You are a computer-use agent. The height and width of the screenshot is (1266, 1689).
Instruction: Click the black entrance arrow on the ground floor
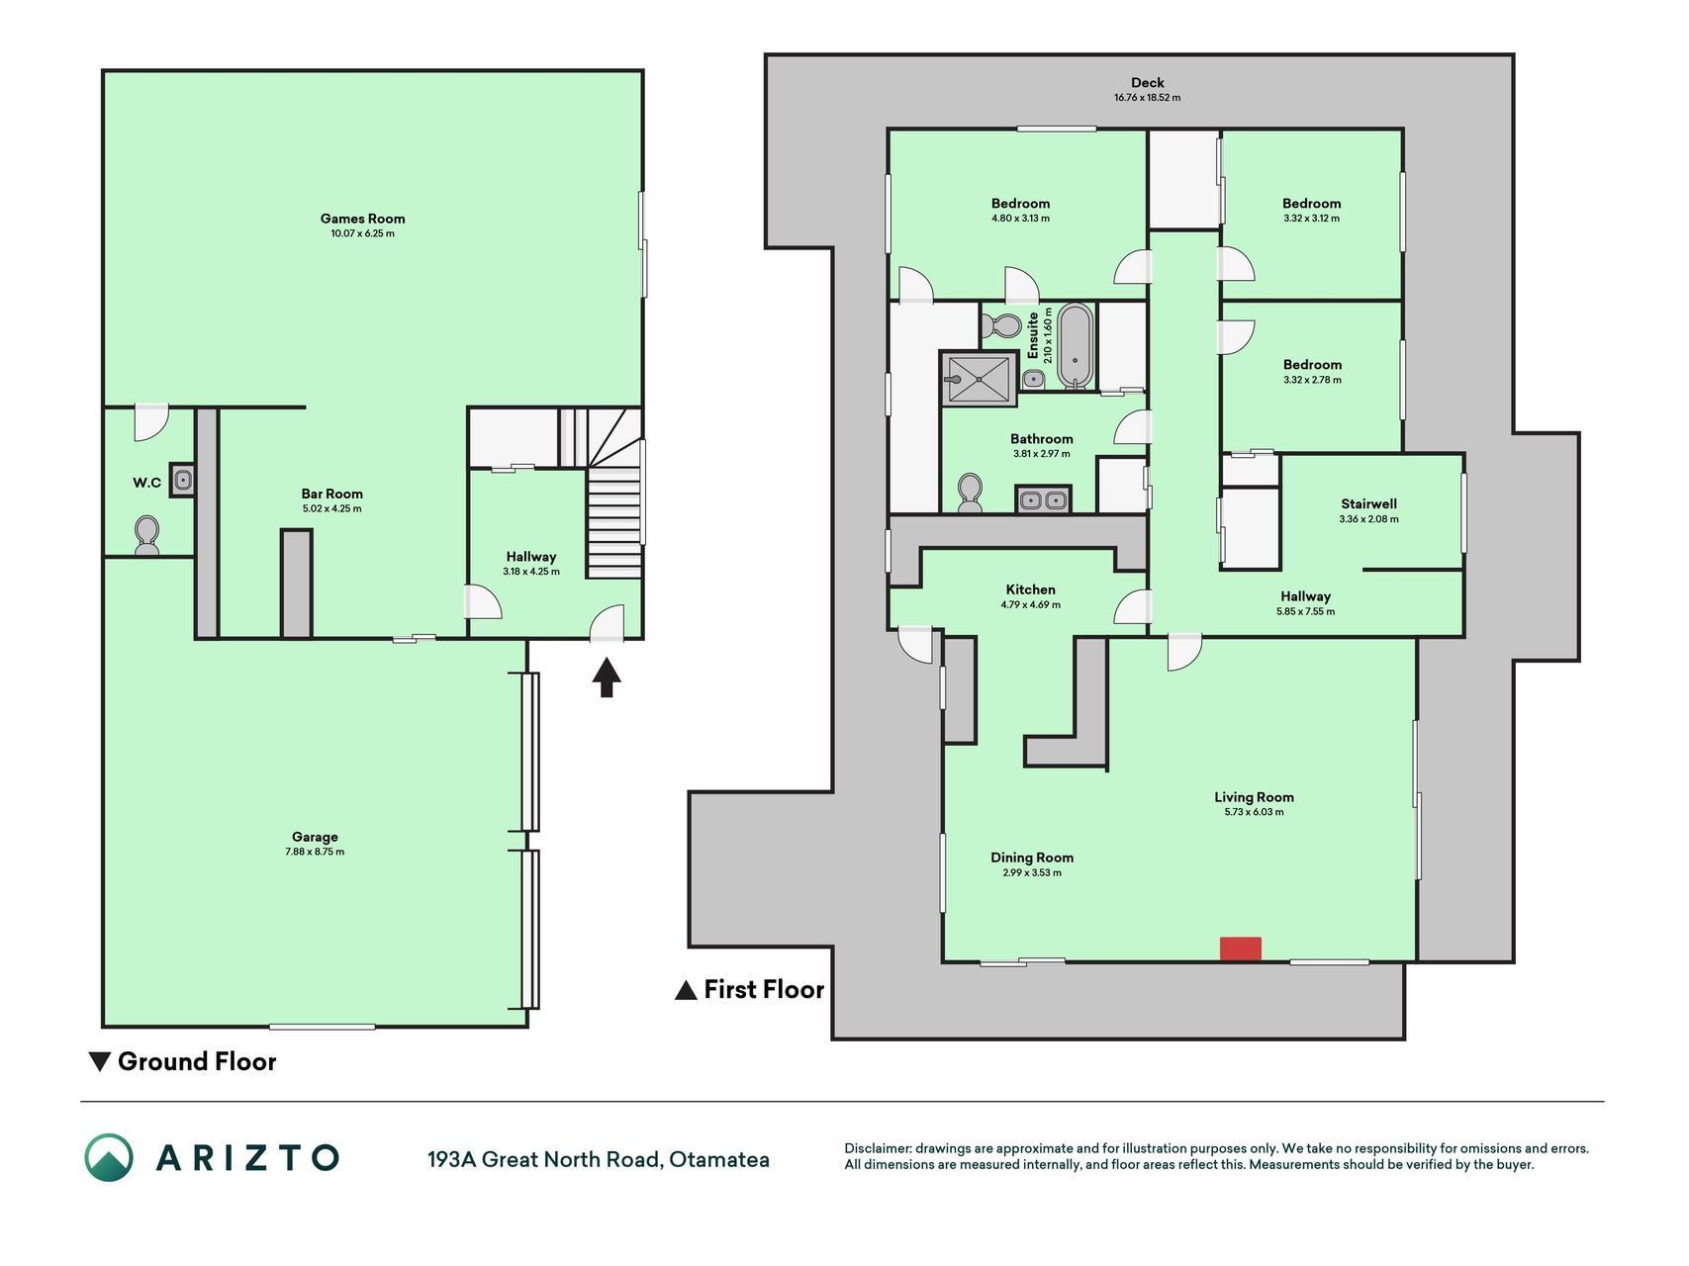(x=607, y=678)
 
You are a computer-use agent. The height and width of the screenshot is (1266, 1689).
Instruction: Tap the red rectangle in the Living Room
(x=1240, y=949)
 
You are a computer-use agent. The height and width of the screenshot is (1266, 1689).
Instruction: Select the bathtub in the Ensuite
(x=1076, y=345)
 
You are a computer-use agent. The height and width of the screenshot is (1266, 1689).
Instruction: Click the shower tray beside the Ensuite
(x=979, y=378)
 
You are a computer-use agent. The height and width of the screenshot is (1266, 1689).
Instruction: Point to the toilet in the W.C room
(x=147, y=535)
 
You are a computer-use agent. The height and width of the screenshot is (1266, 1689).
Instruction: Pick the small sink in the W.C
(x=182, y=480)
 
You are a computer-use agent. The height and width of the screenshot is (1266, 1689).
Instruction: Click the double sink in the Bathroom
(x=1043, y=499)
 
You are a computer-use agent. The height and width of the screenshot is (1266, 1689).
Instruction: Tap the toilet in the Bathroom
(x=970, y=493)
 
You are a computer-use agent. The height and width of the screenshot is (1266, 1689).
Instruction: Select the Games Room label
(x=362, y=219)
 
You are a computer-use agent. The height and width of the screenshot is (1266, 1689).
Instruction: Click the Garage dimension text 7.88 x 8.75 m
(x=315, y=852)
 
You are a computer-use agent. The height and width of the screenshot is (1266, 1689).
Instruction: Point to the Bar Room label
(x=332, y=494)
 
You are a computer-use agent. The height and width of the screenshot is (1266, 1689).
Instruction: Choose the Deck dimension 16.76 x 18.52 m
(x=1148, y=98)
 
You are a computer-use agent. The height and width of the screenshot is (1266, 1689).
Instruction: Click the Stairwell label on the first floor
(x=1369, y=503)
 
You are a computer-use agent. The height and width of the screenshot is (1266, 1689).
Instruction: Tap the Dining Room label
(x=1032, y=858)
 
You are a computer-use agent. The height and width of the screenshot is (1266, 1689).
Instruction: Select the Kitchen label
(x=1031, y=589)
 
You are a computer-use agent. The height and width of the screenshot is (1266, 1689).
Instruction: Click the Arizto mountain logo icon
(x=109, y=1157)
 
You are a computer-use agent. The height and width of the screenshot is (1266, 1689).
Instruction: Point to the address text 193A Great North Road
(x=544, y=1159)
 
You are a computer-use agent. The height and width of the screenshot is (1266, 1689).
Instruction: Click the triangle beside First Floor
(x=686, y=990)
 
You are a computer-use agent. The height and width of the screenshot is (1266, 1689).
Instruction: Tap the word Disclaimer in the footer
(x=877, y=1148)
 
